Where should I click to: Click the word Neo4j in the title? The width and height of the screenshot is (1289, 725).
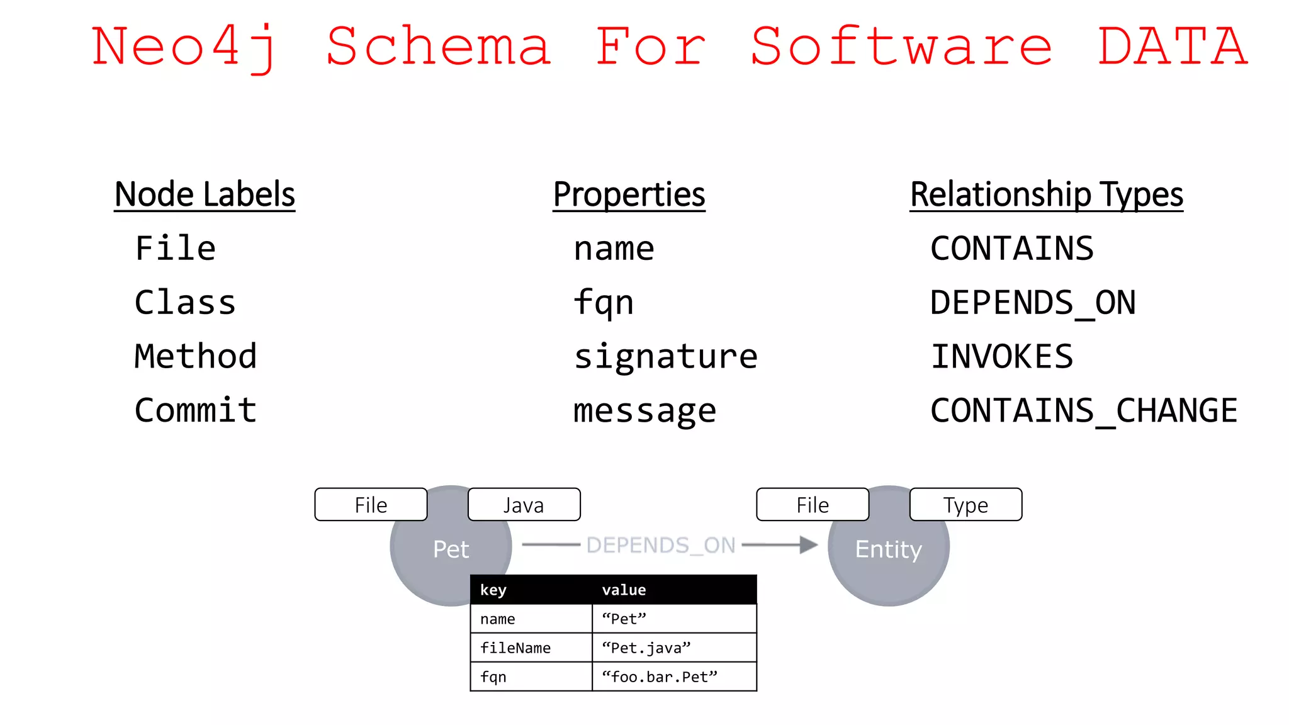[x=184, y=47]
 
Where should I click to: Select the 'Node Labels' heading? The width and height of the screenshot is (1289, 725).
[x=205, y=194]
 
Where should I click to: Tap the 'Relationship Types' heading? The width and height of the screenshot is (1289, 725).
[x=1046, y=194]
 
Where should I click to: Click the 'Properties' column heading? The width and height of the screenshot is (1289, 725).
[x=629, y=194]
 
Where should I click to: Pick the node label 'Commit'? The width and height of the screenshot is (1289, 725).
[x=196, y=410]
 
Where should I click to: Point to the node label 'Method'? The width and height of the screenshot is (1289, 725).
[x=196, y=356]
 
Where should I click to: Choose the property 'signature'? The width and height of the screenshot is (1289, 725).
[x=665, y=357]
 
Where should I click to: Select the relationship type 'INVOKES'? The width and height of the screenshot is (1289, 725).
[x=1001, y=357]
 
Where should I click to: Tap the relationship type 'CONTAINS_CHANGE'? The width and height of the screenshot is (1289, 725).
[x=1083, y=411]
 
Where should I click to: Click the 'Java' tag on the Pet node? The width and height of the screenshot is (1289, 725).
[x=524, y=505]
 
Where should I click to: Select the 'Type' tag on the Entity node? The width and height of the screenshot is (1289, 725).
[x=965, y=505]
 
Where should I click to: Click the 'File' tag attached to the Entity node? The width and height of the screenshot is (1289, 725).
[x=813, y=505]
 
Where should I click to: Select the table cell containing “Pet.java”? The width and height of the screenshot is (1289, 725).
[x=673, y=648]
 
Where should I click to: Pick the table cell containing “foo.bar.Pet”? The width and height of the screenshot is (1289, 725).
[x=673, y=677]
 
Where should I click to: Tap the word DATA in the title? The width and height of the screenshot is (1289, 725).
[x=1172, y=47]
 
